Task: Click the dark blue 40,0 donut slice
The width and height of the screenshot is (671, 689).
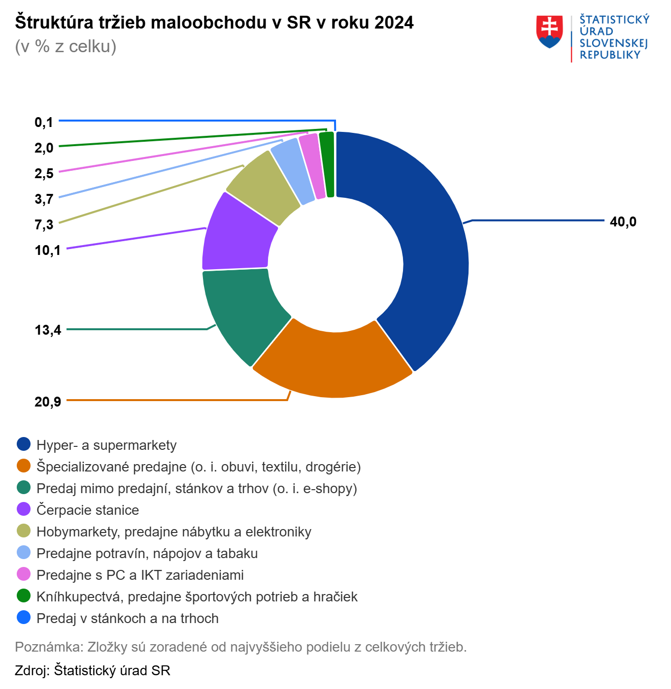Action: [434, 246]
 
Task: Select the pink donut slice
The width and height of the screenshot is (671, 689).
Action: [312, 165]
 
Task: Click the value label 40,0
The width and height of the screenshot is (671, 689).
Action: [623, 222]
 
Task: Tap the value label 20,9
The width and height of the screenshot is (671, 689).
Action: [48, 402]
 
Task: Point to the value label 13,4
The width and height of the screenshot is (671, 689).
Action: [48, 330]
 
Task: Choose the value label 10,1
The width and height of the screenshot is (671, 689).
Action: [48, 251]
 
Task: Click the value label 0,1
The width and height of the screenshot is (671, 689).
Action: [44, 123]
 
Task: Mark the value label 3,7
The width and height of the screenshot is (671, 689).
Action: [44, 199]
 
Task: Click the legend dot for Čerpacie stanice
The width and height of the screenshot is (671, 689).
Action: [24, 509]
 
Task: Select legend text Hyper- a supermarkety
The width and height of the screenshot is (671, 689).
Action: [106, 445]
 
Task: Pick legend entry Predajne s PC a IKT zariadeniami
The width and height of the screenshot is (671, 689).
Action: [140, 575]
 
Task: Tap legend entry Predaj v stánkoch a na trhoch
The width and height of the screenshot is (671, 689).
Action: [127, 618]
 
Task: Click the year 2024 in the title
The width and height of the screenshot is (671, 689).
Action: [394, 23]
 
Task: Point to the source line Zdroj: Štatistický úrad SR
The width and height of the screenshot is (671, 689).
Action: [93, 670]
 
